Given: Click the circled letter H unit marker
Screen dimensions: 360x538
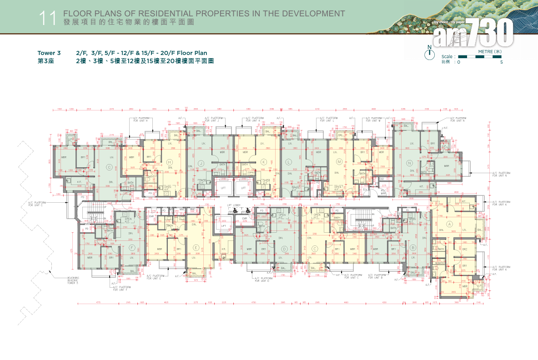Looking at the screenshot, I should pyautogui.click(x=170, y=162).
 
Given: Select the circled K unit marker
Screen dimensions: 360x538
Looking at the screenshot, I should pyautogui.click(x=263, y=162).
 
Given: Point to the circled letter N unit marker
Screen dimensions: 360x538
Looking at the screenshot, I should pyautogui.click(x=409, y=163).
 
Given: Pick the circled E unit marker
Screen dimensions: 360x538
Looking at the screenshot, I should pyautogui.click(x=196, y=248).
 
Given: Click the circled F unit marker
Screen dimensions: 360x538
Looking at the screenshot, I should pyautogui.click(x=132, y=248).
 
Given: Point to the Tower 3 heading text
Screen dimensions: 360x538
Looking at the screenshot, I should pyautogui.click(x=49, y=53).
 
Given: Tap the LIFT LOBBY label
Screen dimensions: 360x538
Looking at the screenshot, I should pyautogui.click(x=236, y=205).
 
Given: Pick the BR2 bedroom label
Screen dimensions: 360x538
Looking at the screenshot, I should pyautogui.click(x=465, y=249).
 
